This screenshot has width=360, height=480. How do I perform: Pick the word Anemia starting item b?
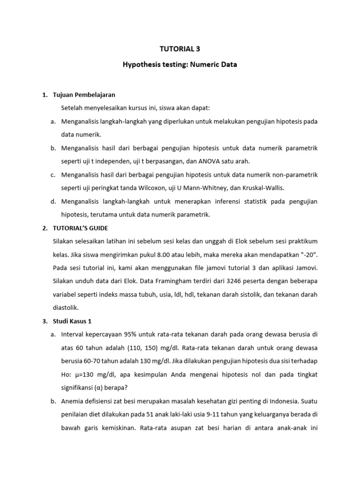[x=74, y=401]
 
